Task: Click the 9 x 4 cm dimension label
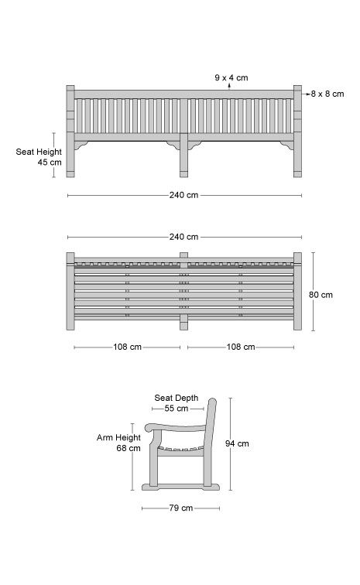click(231, 77)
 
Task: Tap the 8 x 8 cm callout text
click(327, 94)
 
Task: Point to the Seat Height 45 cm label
click(39, 157)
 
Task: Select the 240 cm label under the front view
click(183, 195)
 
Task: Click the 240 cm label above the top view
click(183, 237)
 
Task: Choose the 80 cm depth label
click(321, 295)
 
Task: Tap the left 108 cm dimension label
click(127, 347)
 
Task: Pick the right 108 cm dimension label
click(241, 347)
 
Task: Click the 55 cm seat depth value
click(177, 409)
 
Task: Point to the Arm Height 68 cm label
click(118, 443)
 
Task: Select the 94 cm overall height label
click(237, 443)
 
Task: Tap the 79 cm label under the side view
click(180, 508)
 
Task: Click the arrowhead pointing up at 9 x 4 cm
click(229, 85)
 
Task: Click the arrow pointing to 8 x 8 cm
click(307, 94)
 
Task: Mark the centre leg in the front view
click(183, 156)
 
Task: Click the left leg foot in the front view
click(70, 174)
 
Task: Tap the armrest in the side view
click(176, 428)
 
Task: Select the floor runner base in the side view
click(180, 487)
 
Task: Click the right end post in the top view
click(297, 291)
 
